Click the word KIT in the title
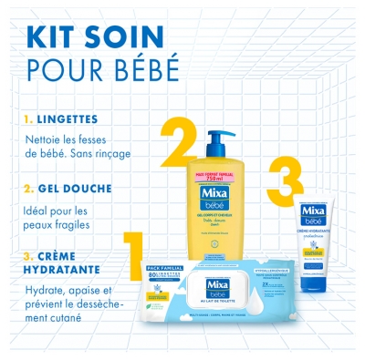click(55, 36)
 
